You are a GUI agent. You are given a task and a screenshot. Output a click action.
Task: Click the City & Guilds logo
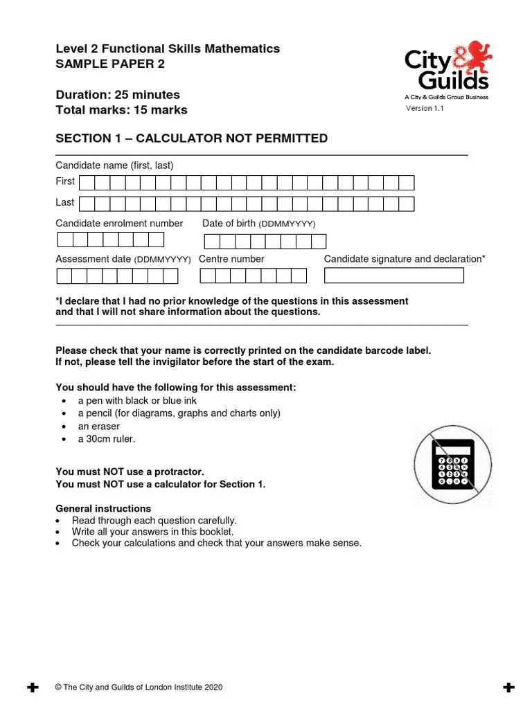pos(447,69)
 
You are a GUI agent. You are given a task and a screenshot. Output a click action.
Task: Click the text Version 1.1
pos(425,108)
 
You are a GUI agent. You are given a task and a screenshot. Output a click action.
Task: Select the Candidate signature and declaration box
pos(393,276)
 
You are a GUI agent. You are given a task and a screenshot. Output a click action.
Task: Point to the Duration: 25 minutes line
pos(118,95)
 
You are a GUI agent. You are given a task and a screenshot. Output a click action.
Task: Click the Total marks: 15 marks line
pos(121,110)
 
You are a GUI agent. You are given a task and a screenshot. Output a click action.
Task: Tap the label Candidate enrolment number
pos(119,224)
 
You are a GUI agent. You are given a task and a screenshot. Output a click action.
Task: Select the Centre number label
pos(231,259)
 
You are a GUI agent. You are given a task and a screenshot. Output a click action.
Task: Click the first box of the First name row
pos(87,183)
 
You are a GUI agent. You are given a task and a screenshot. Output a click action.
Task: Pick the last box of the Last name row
pos(407,204)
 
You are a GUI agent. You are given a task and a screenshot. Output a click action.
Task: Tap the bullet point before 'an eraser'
pos(64,427)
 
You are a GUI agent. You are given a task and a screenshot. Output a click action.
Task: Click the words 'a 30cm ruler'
pos(107,439)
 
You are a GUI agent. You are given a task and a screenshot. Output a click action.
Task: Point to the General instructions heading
pos(103,509)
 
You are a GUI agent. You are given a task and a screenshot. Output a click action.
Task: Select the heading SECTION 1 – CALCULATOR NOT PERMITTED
pos(191,138)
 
